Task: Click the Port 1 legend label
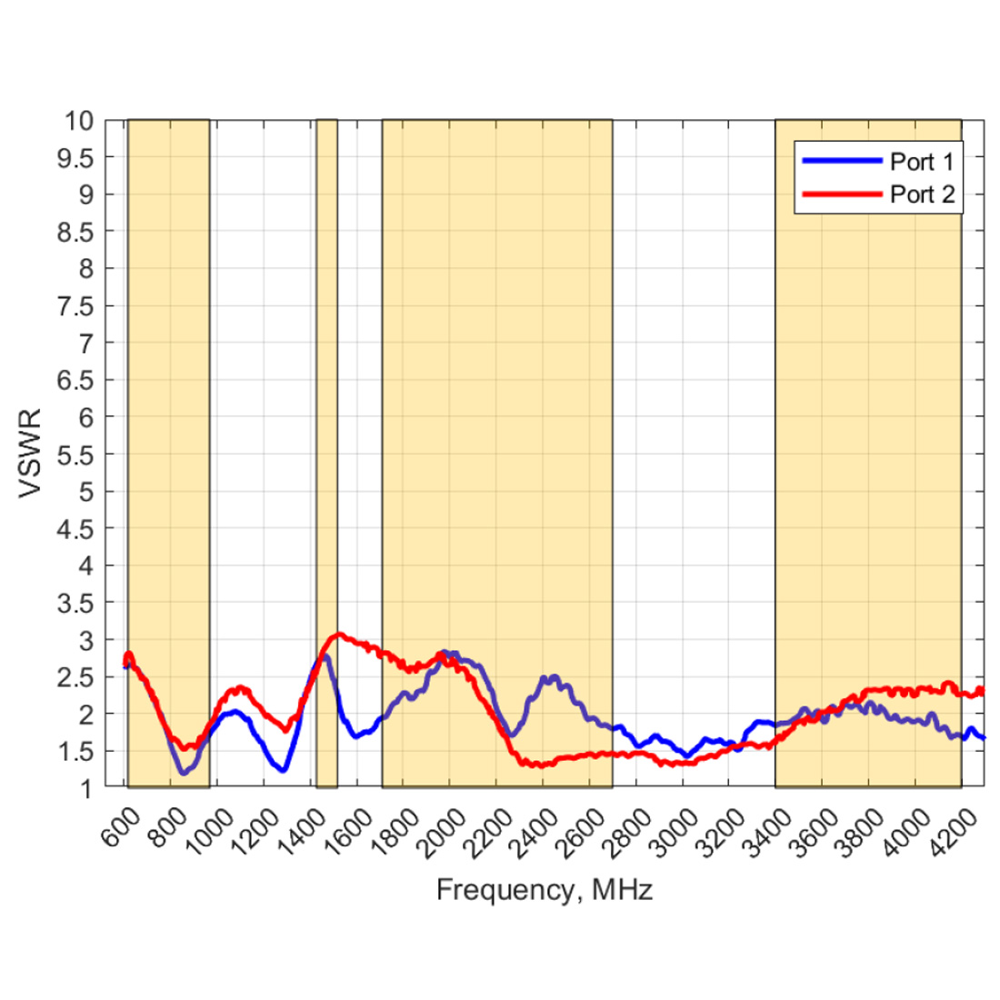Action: coord(921,162)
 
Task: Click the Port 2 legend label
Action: coord(921,195)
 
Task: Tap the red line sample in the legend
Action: coord(842,195)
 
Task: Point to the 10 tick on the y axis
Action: coord(79,121)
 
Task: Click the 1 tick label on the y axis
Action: coord(87,789)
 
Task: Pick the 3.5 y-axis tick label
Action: coord(75,603)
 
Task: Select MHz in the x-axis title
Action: coord(622,889)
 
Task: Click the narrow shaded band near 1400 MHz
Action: coord(326,455)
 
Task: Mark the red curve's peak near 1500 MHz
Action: coord(338,634)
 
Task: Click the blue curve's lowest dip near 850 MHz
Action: coord(185,773)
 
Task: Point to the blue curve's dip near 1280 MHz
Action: coord(283,770)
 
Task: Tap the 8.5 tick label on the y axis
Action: coord(75,232)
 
